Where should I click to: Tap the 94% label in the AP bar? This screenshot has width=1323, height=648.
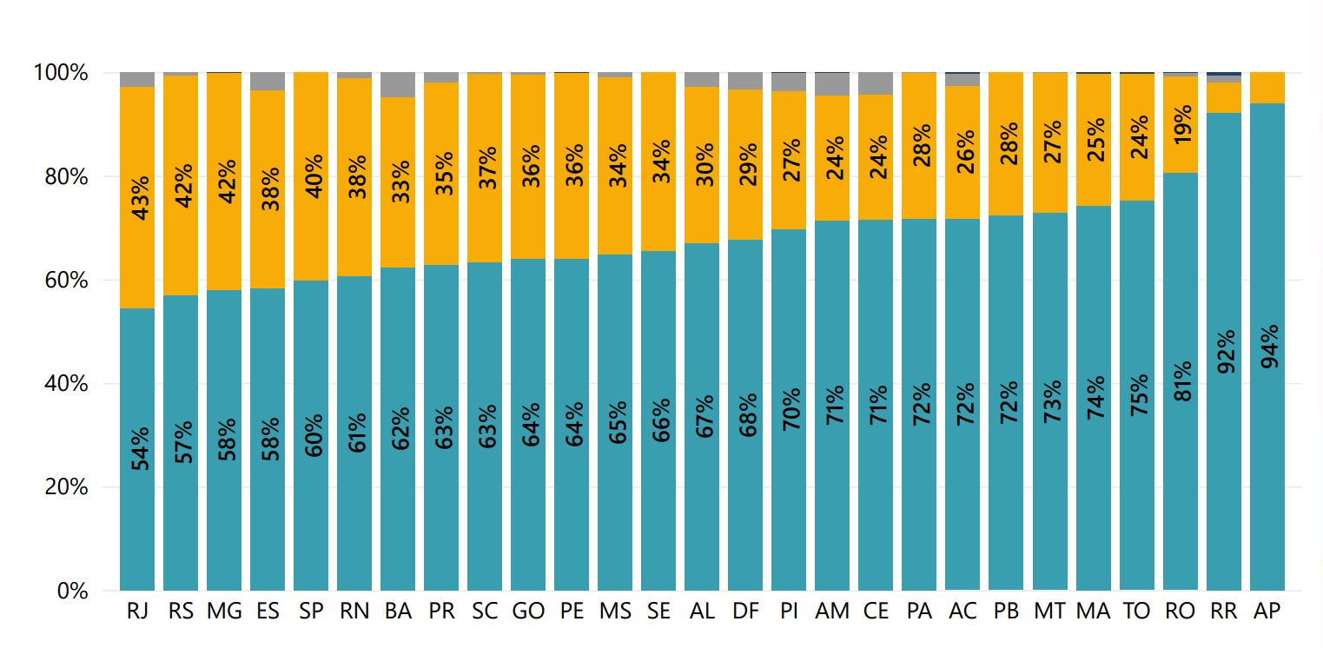pyautogui.click(x=1267, y=346)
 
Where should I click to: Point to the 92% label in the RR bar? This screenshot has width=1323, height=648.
pyautogui.click(x=1224, y=351)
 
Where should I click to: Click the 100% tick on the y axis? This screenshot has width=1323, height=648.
pyautogui.click(x=61, y=73)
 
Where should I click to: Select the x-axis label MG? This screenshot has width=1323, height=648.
pyautogui.click(x=224, y=612)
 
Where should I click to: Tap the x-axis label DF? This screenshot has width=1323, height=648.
pyautogui.click(x=745, y=612)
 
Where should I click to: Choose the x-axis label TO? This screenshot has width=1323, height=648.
pyautogui.click(x=1137, y=612)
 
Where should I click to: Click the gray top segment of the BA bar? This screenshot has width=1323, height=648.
pyautogui.click(x=398, y=84)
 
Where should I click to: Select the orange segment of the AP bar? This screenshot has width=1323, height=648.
pyautogui.click(x=1267, y=88)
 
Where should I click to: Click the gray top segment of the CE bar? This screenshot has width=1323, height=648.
pyautogui.click(x=876, y=83)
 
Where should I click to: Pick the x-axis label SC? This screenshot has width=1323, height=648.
pyautogui.click(x=485, y=612)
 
